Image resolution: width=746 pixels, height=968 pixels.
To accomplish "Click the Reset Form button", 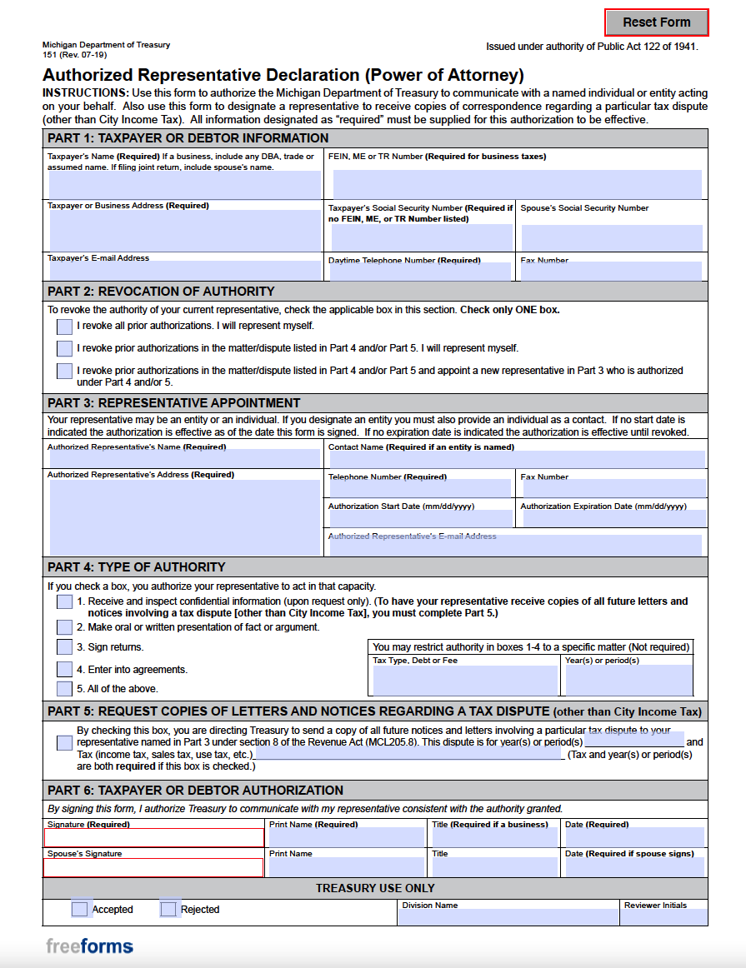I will click(656, 22).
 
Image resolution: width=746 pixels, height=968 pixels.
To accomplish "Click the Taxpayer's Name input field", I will click(184, 185).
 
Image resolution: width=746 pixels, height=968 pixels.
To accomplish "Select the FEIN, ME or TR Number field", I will click(517, 184).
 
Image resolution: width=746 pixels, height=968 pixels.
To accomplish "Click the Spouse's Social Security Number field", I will click(612, 237).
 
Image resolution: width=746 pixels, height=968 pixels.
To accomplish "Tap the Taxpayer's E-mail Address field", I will click(184, 271).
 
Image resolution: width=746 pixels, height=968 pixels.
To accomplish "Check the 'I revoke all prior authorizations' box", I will click(64, 327).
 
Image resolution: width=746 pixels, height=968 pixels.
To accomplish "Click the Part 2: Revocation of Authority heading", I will click(161, 292).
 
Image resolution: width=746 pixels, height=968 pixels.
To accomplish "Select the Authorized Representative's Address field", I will click(184, 516).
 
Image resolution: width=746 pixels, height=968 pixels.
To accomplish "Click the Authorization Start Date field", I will click(420, 518).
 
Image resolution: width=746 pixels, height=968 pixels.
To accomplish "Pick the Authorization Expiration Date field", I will click(612, 518).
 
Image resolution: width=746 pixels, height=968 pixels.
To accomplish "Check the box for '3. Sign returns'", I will click(64, 647).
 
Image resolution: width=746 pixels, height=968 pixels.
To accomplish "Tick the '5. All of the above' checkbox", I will click(64, 689).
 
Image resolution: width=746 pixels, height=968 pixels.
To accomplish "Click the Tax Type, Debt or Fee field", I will click(464, 680).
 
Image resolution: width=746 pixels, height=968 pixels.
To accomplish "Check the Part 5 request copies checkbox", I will click(64, 743).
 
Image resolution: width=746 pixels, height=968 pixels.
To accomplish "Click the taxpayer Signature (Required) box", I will click(153, 838).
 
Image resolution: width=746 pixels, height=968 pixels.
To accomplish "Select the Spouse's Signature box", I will click(153, 867).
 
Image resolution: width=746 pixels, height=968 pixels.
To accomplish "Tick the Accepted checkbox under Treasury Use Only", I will click(79, 909).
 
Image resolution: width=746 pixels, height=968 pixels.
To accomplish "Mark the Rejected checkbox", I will click(168, 909).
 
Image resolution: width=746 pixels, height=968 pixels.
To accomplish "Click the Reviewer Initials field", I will click(663, 917).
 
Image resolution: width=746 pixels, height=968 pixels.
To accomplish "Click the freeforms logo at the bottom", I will click(89, 946).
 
